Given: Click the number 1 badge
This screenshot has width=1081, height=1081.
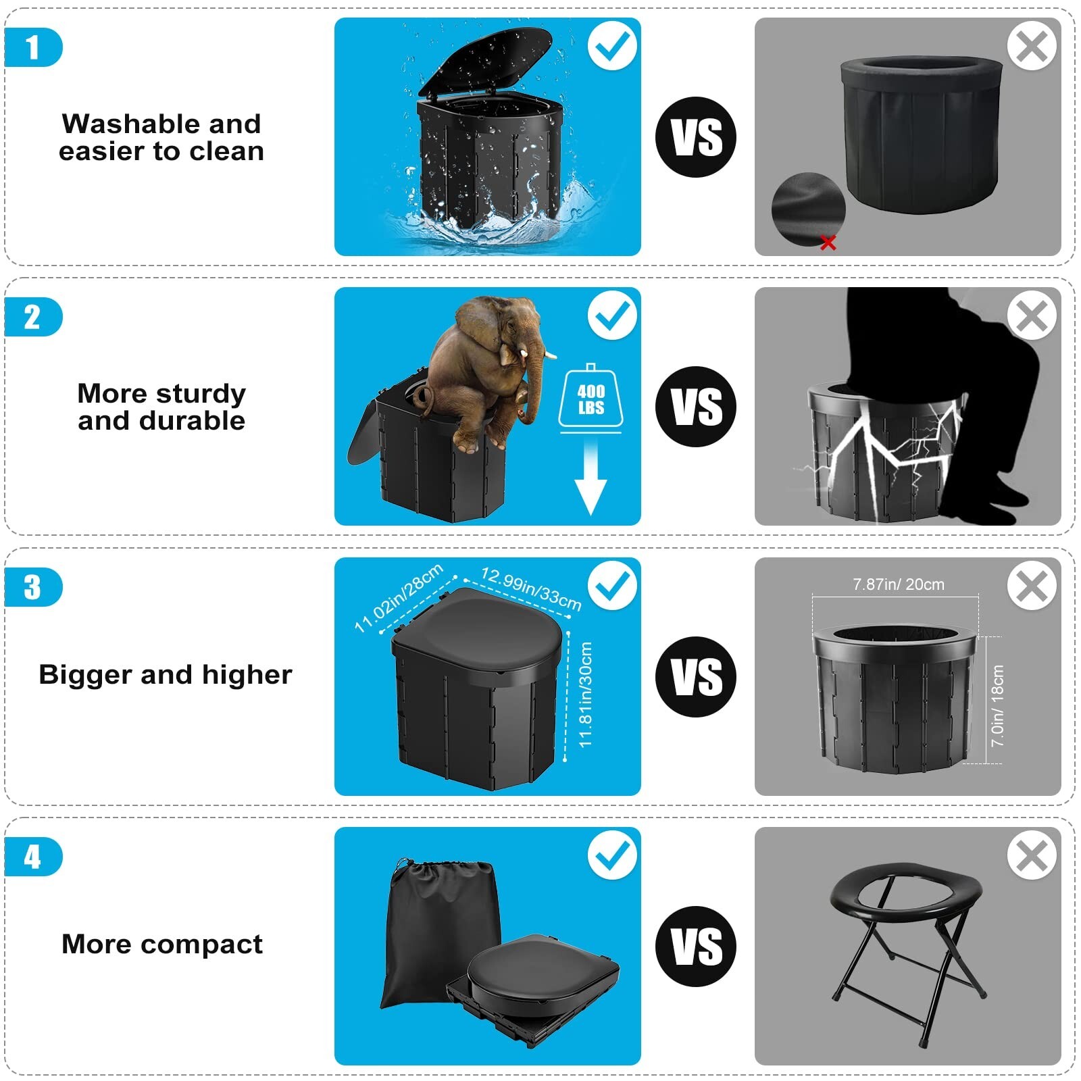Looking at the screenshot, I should (x=32, y=48).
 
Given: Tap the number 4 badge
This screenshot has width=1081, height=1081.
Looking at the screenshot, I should (x=32, y=857).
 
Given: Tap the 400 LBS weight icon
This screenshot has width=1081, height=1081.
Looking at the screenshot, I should (x=590, y=399).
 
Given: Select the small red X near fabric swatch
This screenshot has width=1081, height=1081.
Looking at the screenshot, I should (x=828, y=243).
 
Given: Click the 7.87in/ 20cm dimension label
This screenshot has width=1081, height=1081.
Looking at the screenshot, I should (x=898, y=584).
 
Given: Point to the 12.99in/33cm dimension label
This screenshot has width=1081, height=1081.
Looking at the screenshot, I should (x=531, y=588).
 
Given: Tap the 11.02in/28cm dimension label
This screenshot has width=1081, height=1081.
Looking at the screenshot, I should (x=399, y=597).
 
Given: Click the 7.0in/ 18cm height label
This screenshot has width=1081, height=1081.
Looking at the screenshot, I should (x=997, y=705).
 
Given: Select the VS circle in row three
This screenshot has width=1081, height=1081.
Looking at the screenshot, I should (x=695, y=676).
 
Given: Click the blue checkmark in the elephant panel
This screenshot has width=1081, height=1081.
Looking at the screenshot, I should (x=612, y=316).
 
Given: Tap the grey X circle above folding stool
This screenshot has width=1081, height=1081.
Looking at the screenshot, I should (x=1032, y=855).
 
